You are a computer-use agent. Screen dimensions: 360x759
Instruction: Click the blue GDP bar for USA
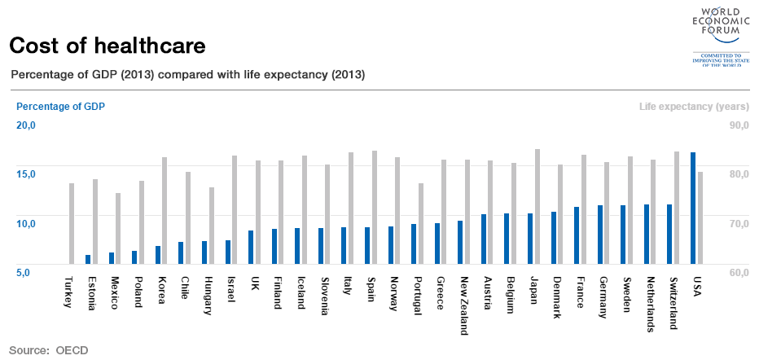[693, 208]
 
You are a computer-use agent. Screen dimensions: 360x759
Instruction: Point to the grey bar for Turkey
[72, 223]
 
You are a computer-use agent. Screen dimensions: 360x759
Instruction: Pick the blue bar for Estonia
[88, 259]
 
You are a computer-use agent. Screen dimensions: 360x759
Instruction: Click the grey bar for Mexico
[118, 228]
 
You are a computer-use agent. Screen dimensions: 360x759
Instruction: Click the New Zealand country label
[463, 305]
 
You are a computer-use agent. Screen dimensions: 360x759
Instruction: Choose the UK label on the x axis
[254, 284]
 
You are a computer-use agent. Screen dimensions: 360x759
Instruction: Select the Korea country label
[161, 290]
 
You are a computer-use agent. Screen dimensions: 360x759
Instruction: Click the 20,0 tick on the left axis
[27, 125]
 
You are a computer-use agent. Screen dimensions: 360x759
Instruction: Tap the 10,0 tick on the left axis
[27, 223]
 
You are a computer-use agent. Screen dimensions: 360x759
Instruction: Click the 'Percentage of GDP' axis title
[60, 106]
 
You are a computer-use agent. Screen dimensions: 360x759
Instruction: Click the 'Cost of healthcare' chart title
[107, 44]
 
